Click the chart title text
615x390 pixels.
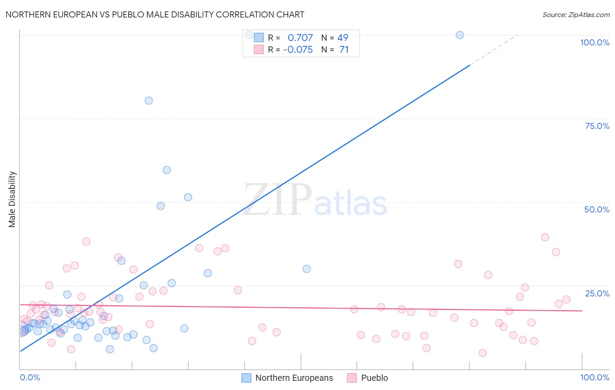click(155, 14)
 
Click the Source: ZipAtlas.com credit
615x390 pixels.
click(576, 14)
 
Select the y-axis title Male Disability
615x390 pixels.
click(12, 199)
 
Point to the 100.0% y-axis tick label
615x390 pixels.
click(594, 42)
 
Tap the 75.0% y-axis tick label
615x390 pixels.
click(597, 126)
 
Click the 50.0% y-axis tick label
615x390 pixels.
click(597, 209)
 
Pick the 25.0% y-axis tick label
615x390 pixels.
click(597, 293)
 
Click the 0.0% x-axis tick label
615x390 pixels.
click(30, 377)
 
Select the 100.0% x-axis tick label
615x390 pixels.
click(594, 377)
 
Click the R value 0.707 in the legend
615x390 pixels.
click(300, 38)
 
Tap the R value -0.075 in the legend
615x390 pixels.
click(298, 50)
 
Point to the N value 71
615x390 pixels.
click(344, 50)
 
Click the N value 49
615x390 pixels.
click(342, 38)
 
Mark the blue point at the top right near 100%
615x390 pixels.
click(460, 35)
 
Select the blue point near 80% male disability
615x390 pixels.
click(149, 101)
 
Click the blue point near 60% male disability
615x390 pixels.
click(167, 170)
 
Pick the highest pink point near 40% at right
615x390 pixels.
click(545, 237)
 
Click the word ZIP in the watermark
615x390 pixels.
click(277, 200)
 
